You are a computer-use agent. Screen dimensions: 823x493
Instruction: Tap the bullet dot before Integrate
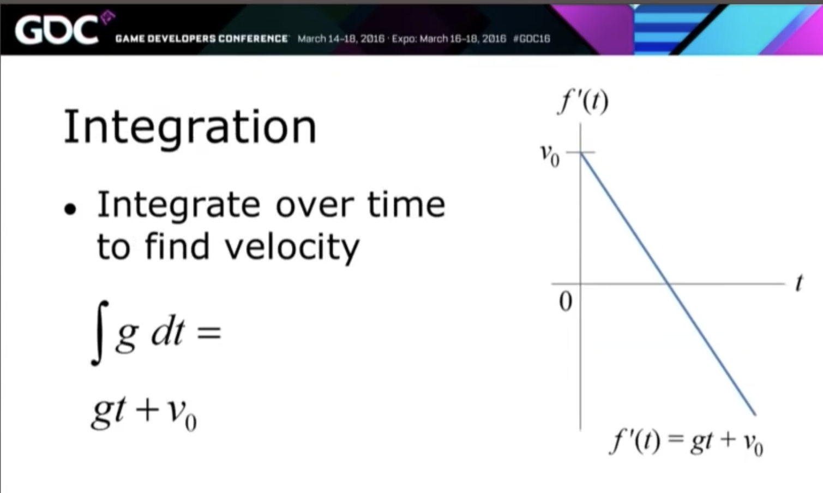coord(70,209)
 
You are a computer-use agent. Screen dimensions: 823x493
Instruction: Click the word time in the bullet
coord(406,205)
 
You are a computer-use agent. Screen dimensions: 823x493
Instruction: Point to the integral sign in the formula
coord(100,334)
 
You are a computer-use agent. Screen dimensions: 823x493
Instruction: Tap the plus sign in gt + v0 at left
coord(147,410)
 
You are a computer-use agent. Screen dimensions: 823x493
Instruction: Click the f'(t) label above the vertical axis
coord(584,102)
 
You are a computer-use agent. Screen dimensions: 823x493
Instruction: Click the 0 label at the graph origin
coord(566,302)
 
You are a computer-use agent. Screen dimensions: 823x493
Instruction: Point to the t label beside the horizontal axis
coord(799,283)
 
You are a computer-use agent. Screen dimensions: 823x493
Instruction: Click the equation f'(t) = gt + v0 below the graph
coord(686,443)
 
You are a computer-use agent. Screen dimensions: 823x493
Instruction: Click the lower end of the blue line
coord(755,414)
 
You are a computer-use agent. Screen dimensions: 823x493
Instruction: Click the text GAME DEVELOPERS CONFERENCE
coord(201,39)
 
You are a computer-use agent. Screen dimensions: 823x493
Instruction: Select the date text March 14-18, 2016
coord(341,39)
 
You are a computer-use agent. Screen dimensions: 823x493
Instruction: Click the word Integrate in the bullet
coord(179,205)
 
